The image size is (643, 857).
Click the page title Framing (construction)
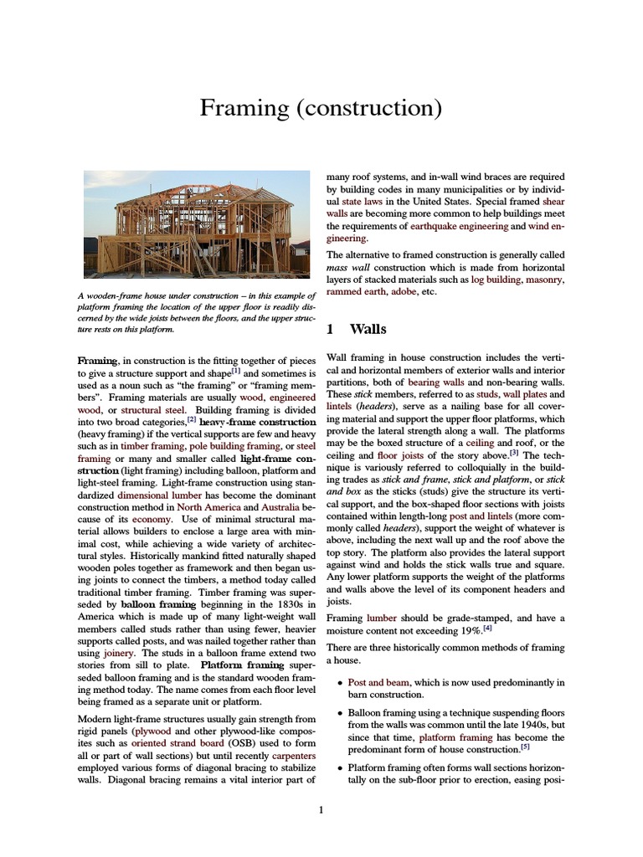tap(321, 108)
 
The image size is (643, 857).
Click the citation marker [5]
tap(524, 747)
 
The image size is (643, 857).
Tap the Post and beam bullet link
tap(381, 682)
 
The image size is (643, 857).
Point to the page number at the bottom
tap(321, 809)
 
